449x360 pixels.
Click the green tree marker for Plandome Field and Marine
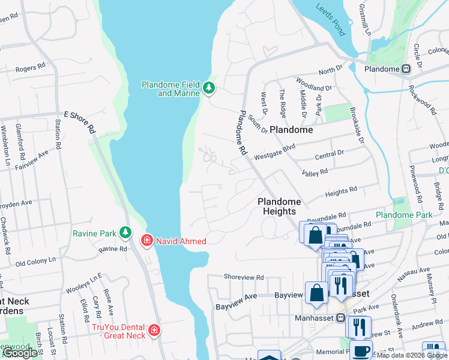tap(209, 89)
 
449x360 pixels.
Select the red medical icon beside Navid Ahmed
tap(146, 241)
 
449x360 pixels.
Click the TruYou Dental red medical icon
tap(154, 331)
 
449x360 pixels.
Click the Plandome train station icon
tap(406, 69)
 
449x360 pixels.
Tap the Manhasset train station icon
tap(340, 318)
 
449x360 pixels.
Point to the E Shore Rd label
tap(80, 121)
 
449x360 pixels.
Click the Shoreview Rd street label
tap(244, 277)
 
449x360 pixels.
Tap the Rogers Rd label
tap(31, 68)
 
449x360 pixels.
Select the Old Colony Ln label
tap(35, 262)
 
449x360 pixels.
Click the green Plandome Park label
tap(403, 215)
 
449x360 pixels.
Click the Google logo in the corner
tap(20, 353)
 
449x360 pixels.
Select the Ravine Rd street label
tap(113, 248)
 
